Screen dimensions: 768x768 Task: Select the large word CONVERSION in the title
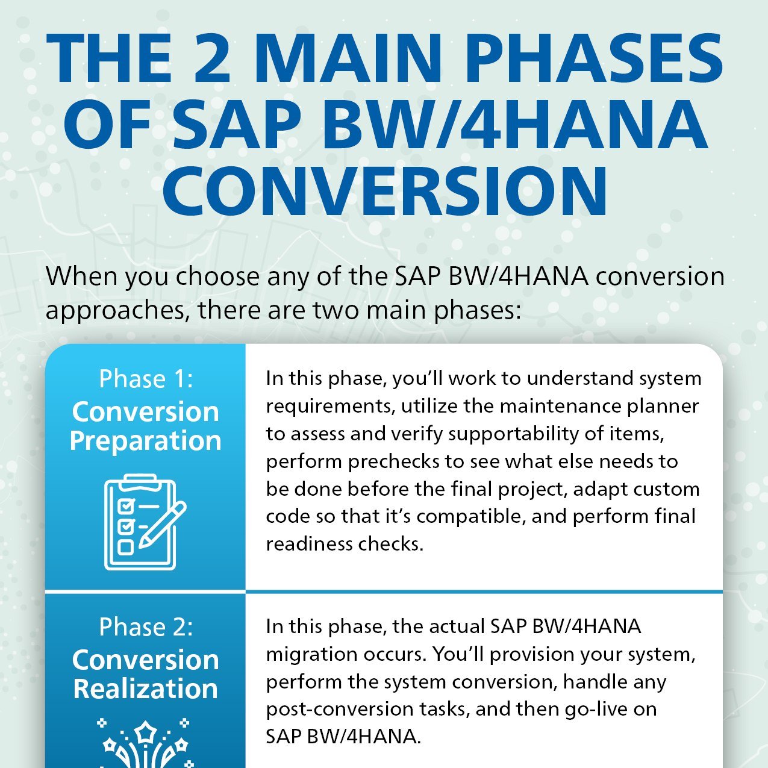coord(384,191)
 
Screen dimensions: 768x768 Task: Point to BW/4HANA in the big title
coord(514,125)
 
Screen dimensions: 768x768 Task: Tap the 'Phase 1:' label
coord(146,379)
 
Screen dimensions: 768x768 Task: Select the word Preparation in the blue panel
coord(146,441)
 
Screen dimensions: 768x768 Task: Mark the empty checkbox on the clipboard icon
coord(125,547)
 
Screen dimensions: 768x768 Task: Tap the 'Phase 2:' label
coord(146,627)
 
